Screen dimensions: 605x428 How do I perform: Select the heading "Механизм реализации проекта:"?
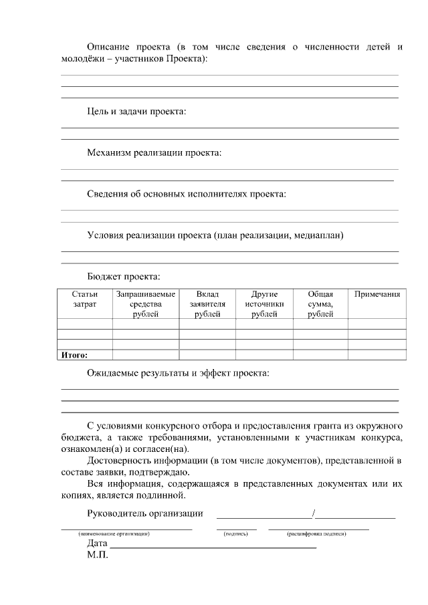click(154, 152)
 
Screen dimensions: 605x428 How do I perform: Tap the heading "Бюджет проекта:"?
click(123, 276)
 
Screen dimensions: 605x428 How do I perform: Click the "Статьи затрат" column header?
click(85, 299)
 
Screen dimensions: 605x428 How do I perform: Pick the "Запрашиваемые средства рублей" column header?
click(146, 304)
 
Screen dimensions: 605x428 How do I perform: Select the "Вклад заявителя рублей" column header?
click(207, 304)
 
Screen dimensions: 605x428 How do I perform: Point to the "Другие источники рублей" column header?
click(264, 304)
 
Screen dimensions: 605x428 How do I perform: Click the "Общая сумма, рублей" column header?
click(320, 304)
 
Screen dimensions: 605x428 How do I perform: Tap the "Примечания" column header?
click(377, 294)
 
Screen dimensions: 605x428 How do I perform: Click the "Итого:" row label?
click(74, 355)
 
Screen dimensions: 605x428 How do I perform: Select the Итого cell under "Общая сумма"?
click(320, 355)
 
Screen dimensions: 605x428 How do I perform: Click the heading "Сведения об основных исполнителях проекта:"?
click(187, 194)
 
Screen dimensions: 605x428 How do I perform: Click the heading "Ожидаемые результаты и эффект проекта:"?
click(178, 373)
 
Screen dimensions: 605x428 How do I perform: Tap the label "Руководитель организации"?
click(145, 513)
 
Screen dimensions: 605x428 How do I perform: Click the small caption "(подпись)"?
click(236, 533)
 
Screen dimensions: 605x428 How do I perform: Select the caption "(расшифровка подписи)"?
click(316, 533)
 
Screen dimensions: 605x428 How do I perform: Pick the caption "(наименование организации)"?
click(113, 533)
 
